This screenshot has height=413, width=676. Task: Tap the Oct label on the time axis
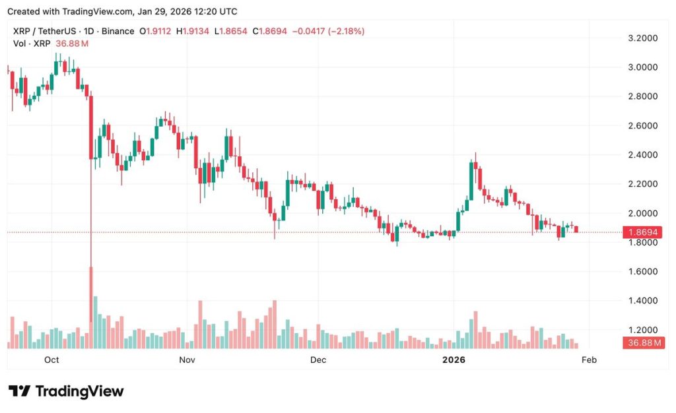[x=51, y=360]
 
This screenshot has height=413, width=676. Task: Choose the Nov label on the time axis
[x=187, y=360]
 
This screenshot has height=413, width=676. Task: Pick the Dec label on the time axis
[x=318, y=360]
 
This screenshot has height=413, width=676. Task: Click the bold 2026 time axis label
[x=454, y=360]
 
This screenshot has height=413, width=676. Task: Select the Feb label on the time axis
[x=588, y=360]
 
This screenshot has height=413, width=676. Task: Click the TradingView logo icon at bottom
[x=19, y=391]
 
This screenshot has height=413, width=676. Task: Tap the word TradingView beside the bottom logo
[x=79, y=391]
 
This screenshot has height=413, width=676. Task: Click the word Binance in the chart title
[x=116, y=31]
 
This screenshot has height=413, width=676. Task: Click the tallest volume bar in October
[x=95, y=323]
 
